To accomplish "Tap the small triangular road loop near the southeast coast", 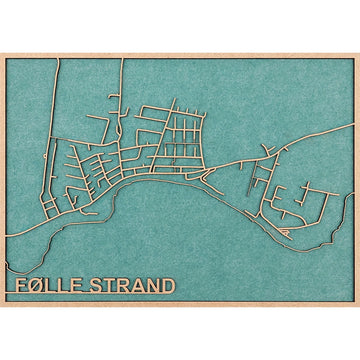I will coord(287,232).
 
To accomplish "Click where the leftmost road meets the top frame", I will coord(58,59).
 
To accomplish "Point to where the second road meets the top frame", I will coord(123,59).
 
